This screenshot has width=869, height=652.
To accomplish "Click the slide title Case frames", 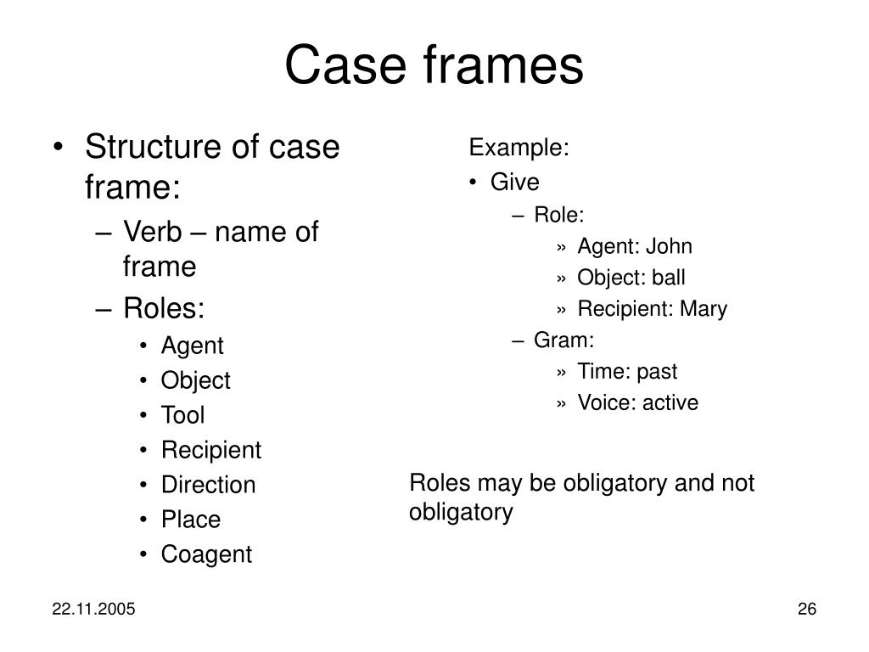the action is pyautogui.click(x=434, y=65).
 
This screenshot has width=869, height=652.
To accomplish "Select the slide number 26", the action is pyautogui.click(x=806, y=610).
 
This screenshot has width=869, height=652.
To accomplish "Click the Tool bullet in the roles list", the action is pyautogui.click(x=182, y=415).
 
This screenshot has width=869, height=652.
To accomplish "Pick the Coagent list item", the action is pyautogui.click(x=206, y=554).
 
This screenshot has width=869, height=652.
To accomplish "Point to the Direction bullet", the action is pyautogui.click(x=208, y=485).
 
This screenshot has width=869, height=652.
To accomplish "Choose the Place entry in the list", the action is pyautogui.click(x=191, y=520).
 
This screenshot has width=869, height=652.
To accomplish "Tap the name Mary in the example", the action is pyautogui.click(x=704, y=309).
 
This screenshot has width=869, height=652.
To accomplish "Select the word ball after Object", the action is pyautogui.click(x=669, y=278).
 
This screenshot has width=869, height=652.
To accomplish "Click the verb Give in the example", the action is pyautogui.click(x=515, y=183).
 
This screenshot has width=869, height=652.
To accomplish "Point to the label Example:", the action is pyautogui.click(x=519, y=149).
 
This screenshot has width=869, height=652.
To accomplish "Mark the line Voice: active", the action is pyautogui.click(x=637, y=403).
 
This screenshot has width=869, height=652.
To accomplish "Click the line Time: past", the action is pyautogui.click(x=627, y=372).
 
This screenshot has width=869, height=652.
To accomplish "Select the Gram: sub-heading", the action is pyautogui.click(x=564, y=340).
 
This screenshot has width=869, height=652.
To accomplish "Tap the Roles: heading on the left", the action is pyautogui.click(x=164, y=307).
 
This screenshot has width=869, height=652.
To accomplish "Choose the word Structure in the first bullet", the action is pyautogui.click(x=154, y=148).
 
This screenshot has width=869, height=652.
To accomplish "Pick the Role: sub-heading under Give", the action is pyautogui.click(x=559, y=216).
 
